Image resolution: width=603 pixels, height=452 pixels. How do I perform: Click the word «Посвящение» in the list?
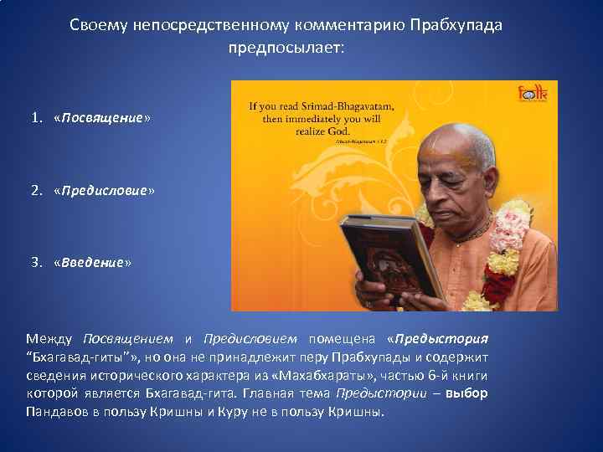click(101, 118)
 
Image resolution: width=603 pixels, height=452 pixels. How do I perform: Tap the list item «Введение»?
click(92, 262)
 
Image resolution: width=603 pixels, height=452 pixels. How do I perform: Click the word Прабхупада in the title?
click(456, 25)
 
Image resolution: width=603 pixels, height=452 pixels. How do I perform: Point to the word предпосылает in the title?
click(286, 49)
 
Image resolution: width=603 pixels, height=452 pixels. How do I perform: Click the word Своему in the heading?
click(97, 25)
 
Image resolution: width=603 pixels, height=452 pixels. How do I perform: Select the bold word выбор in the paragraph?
click(466, 394)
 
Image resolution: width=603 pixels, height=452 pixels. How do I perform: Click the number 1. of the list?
click(39, 118)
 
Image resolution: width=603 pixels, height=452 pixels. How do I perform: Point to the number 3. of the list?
click(39, 262)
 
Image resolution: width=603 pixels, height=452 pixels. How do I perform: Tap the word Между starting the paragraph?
click(49, 339)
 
